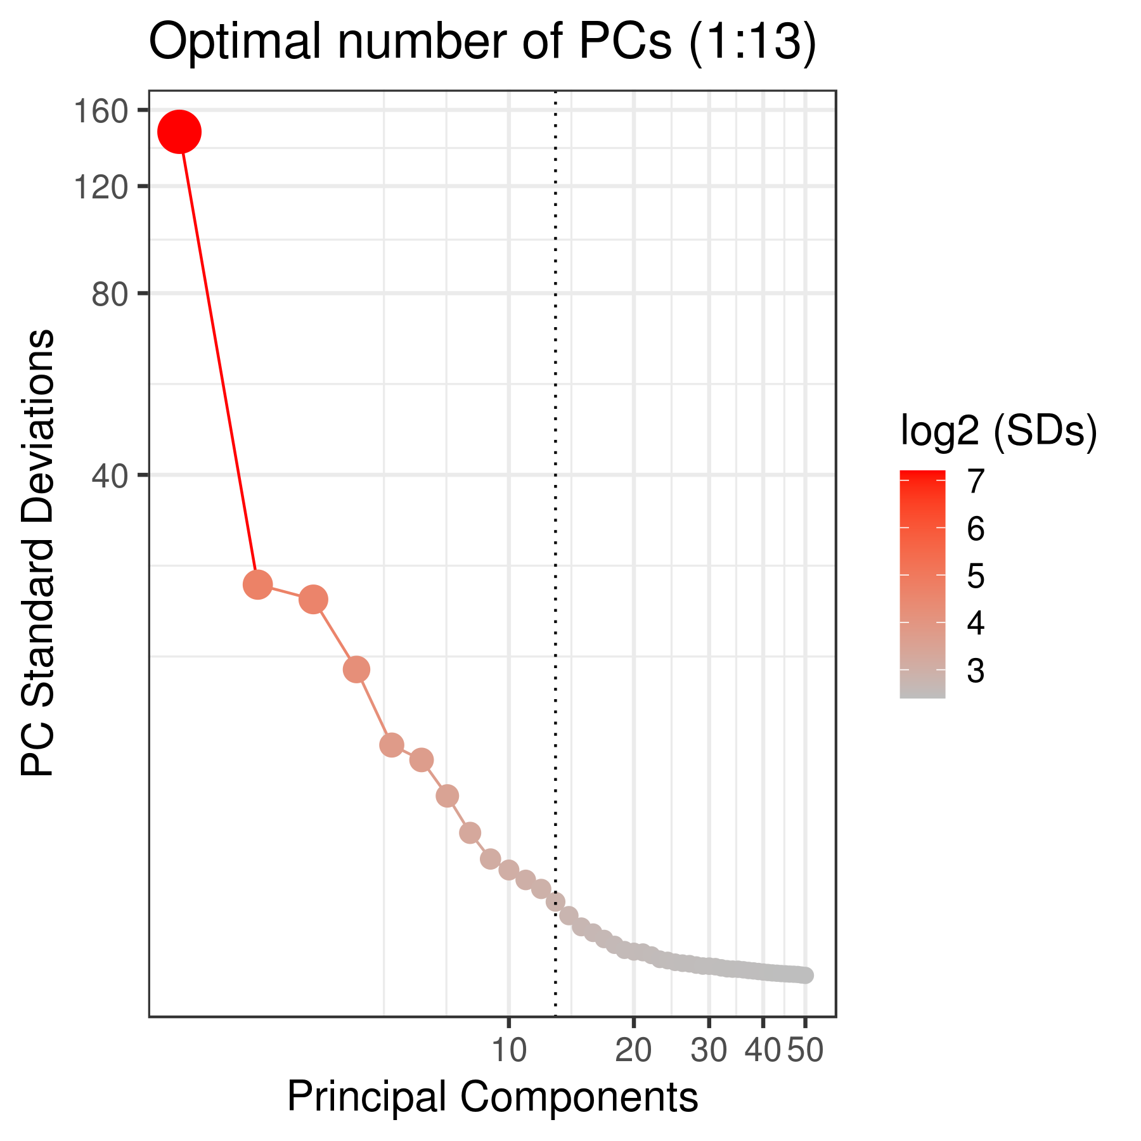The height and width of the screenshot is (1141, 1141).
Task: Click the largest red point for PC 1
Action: (179, 132)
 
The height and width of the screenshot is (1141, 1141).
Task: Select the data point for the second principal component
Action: (257, 584)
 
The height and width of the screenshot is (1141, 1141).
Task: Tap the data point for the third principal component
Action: (313, 599)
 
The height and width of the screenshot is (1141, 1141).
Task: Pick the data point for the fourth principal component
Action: (356, 669)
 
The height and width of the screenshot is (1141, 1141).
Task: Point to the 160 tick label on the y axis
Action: (101, 112)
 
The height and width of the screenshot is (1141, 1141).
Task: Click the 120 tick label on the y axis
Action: (101, 187)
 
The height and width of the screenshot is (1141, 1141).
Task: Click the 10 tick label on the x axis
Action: (508, 1051)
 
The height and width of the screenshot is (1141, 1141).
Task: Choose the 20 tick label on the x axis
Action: (633, 1051)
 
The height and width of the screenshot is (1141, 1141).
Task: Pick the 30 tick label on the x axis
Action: (708, 1051)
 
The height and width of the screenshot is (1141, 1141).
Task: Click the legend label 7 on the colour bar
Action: (975, 481)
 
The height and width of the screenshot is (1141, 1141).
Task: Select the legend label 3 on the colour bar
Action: (975, 671)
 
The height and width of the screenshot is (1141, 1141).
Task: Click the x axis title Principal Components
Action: (493, 1097)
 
